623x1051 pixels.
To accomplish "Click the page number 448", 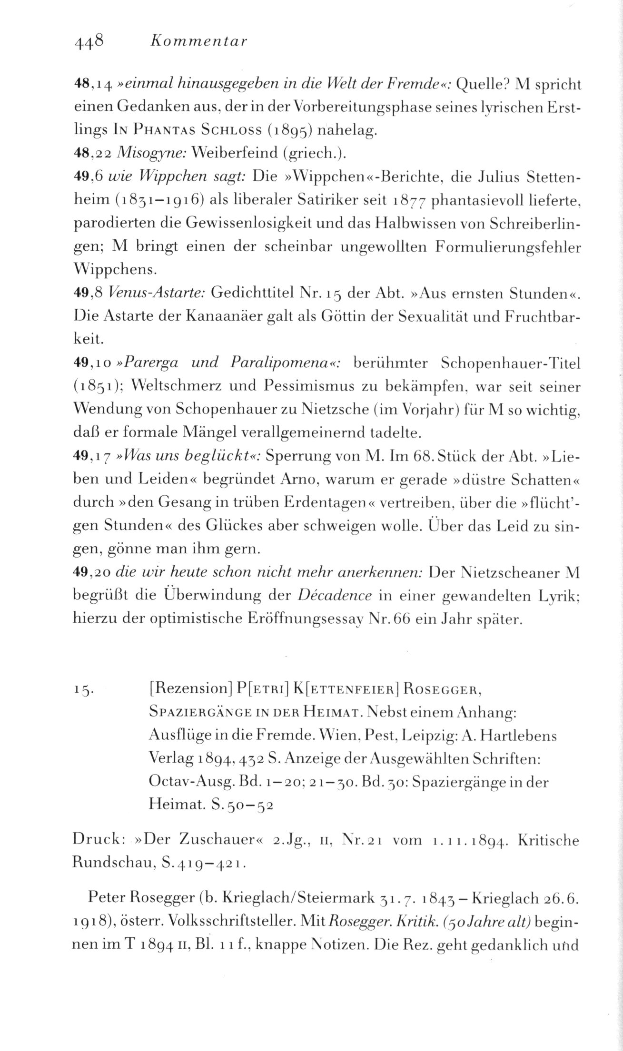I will coord(89,42).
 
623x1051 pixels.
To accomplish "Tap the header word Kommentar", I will coord(198,42).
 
